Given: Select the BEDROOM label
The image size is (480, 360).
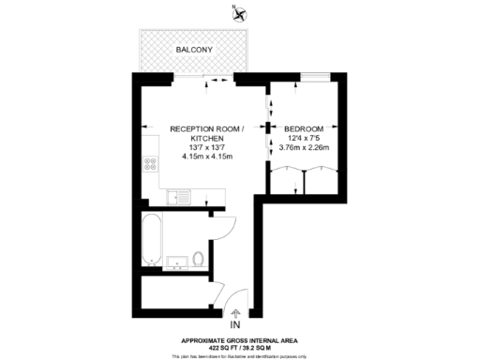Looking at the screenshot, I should [305, 128].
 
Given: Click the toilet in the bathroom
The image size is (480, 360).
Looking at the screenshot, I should [198, 258].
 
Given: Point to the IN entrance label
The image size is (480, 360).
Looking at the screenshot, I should [234, 324].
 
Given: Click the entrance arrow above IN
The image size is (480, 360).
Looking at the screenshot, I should [234, 312].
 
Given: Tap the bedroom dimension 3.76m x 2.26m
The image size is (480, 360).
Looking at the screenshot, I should [305, 148].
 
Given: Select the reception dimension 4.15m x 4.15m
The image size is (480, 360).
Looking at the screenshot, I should [205, 157].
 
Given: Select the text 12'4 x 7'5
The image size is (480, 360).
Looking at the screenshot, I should [305, 139].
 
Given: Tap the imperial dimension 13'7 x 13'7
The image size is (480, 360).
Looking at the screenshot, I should [205, 148].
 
